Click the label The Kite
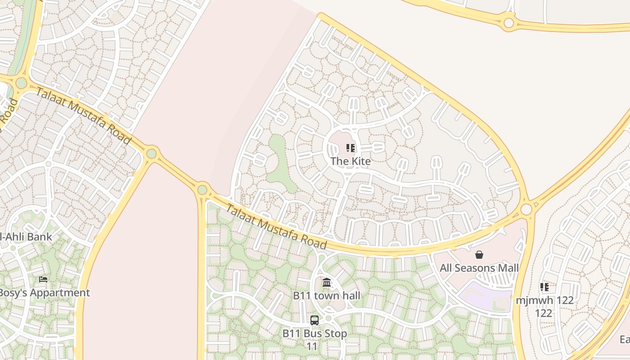[351, 161]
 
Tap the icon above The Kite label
[351, 148]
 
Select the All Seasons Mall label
[479, 268]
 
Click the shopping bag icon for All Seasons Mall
[479, 255]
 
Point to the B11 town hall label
[327, 296]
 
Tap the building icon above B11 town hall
[327, 283]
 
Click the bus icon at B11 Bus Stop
[315, 320]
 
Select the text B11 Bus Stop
[315, 333]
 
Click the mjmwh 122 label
[544, 300]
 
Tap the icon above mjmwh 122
[544, 287]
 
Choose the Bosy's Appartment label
[44, 292]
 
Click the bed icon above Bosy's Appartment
[43, 279]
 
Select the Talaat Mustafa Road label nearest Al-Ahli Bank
[84, 116]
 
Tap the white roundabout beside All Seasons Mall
[526, 210]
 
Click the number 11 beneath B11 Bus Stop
[312, 346]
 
